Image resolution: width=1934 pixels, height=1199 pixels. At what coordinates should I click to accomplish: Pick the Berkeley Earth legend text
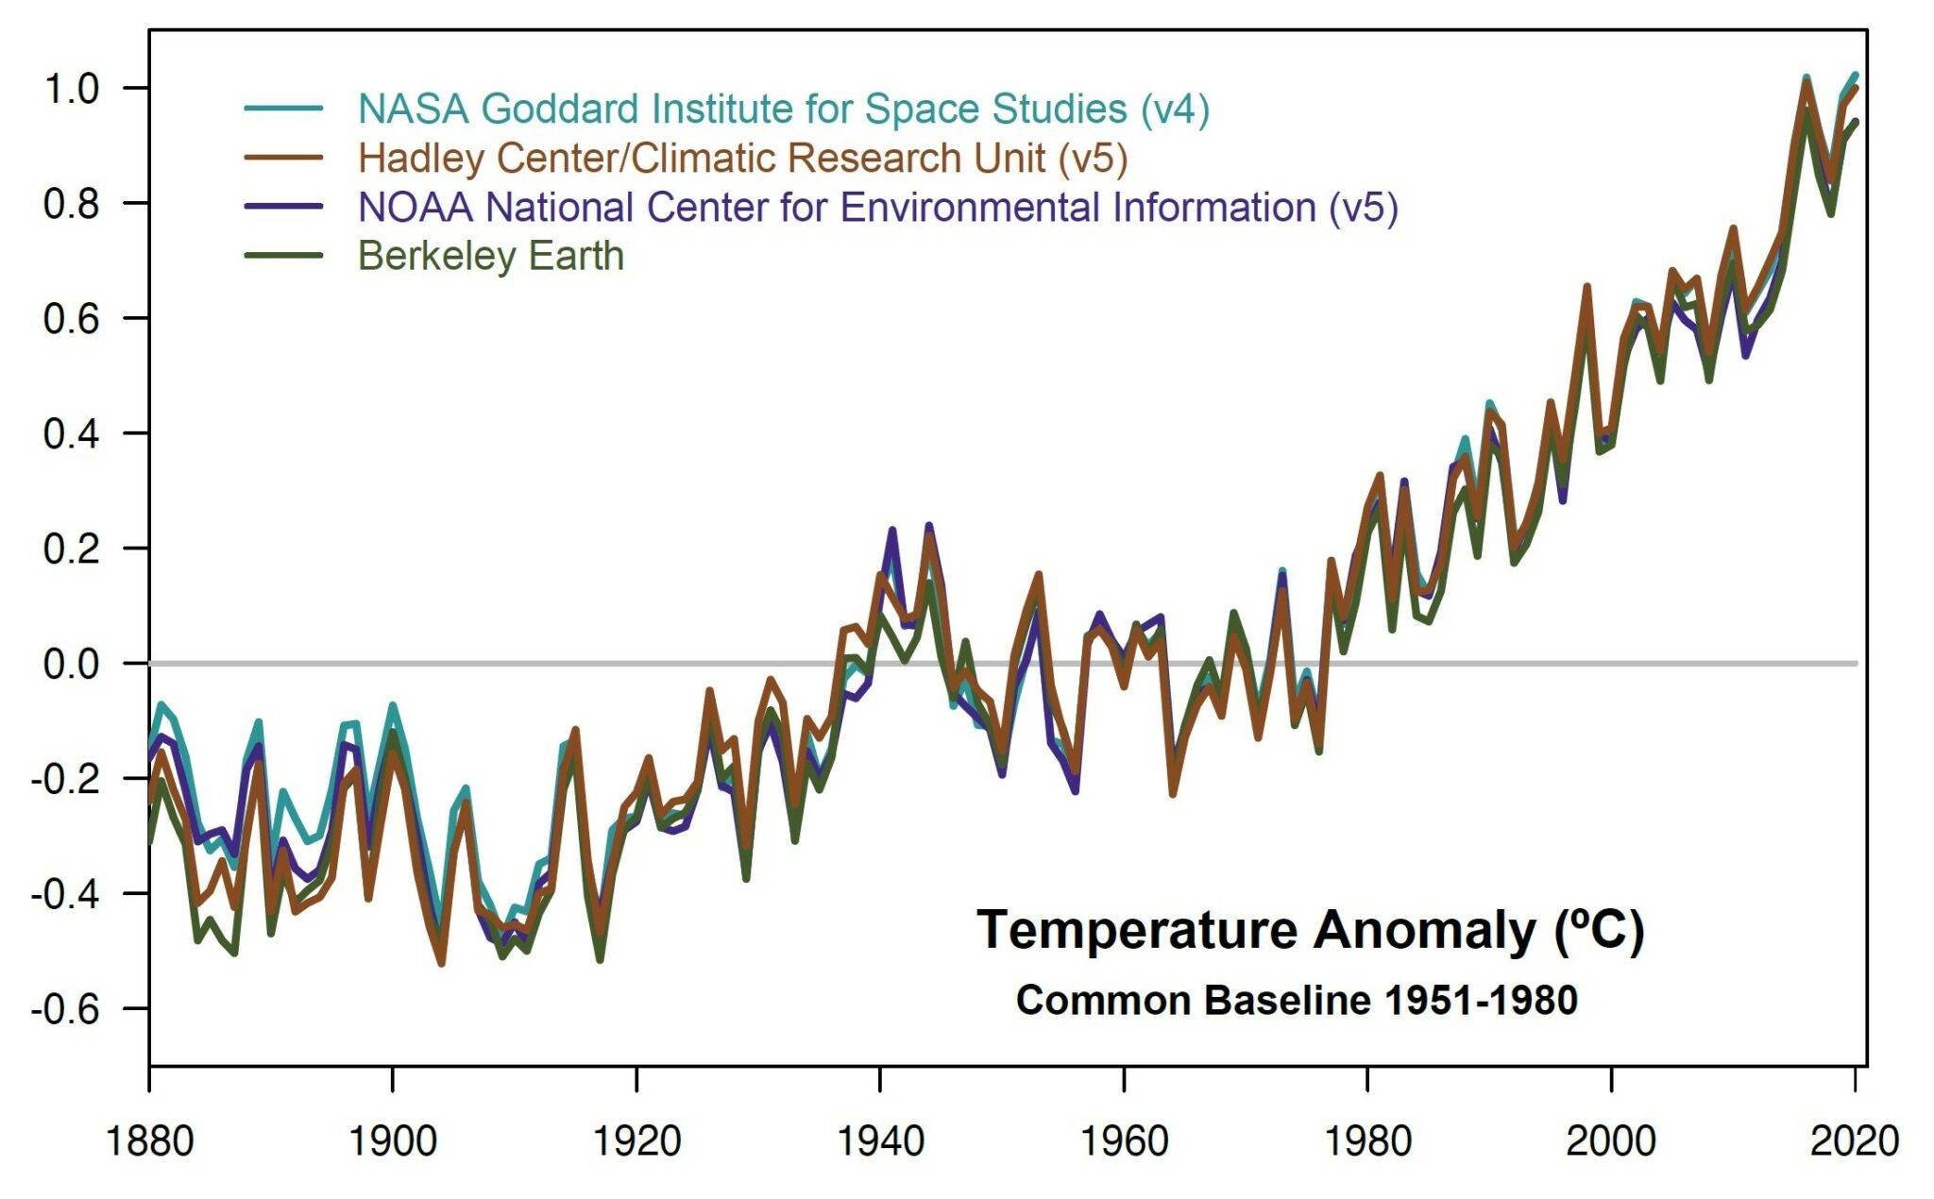click(x=490, y=257)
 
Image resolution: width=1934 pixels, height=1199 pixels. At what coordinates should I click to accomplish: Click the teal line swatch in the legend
click(x=284, y=109)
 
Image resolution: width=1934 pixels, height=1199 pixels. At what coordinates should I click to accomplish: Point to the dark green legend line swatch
click(x=284, y=256)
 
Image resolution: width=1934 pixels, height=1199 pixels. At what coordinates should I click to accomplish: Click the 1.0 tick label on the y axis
click(x=72, y=90)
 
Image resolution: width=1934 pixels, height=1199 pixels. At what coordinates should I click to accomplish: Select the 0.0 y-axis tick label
click(x=72, y=664)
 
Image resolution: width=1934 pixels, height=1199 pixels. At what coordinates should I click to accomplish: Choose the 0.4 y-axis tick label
click(x=72, y=434)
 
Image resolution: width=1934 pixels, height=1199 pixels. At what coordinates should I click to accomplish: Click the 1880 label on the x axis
click(x=149, y=1140)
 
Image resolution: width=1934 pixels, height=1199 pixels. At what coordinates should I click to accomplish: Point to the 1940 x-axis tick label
click(x=880, y=1140)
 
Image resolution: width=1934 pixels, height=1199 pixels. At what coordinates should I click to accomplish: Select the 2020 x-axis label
click(x=1854, y=1140)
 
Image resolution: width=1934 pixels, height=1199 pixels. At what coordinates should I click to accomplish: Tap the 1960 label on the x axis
click(x=1124, y=1140)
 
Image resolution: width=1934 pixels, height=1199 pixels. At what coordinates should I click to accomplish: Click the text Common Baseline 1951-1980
click(x=1296, y=1000)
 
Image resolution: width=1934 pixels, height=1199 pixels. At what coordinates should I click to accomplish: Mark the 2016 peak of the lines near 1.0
click(x=1807, y=80)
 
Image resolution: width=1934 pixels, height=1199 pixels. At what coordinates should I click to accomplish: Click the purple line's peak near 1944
click(x=929, y=526)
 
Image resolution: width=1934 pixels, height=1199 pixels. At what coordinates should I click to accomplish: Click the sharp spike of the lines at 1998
click(x=1586, y=287)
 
